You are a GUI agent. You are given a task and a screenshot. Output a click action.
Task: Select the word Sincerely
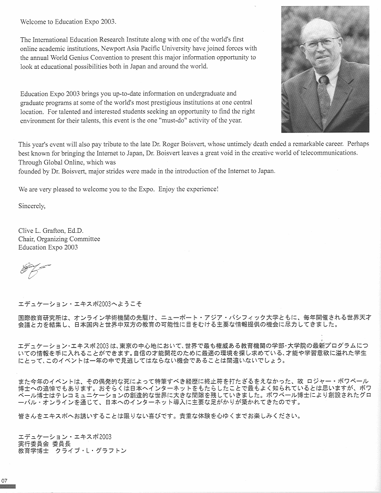pos(32,206)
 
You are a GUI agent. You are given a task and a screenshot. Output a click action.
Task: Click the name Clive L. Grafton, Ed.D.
pos(51,231)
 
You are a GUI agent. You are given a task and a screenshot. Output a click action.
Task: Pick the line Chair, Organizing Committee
pos(59,239)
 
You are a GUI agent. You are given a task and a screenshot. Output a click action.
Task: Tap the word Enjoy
pos(174,189)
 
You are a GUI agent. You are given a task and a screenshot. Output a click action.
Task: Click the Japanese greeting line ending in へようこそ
pos(80,304)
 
